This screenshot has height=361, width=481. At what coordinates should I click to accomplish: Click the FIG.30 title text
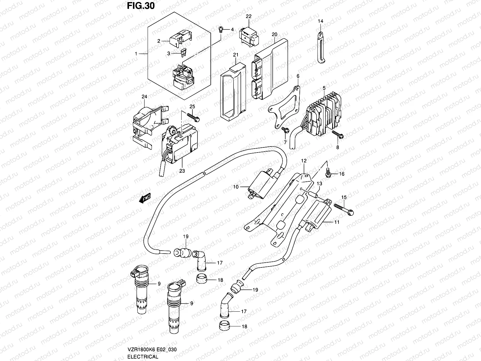coord(140,6)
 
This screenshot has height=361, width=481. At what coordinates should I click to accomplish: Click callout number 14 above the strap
coord(320,21)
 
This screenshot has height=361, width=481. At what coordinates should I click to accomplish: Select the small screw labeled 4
coord(221,29)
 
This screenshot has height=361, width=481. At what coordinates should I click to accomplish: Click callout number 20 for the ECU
coord(274,35)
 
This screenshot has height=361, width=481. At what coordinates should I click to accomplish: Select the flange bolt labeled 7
coord(285,130)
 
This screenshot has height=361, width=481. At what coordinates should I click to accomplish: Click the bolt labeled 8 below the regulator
coord(337,134)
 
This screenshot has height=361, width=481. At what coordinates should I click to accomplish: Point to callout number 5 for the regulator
coord(324,88)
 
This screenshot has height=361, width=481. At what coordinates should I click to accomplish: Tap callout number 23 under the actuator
coord(182,171)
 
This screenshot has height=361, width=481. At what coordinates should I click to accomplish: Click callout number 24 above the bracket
coord(145,97)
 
